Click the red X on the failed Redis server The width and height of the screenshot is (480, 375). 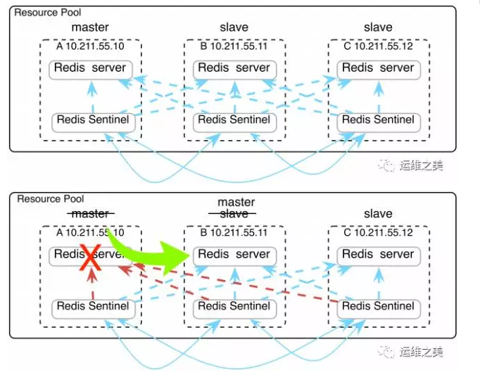click(x=90, y=255)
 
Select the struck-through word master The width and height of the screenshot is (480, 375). click(x=90, y=214)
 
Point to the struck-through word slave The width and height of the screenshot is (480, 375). click(x=234, y=214)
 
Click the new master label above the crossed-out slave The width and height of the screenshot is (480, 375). click(x=236, y=202)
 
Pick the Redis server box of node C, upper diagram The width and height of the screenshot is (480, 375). click(x=378, y=69)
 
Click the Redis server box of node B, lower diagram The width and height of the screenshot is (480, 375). click(x=234, y=255)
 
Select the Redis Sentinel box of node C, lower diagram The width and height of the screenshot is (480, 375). click(x=378, y=307)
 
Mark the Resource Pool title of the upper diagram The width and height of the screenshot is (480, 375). click(x=47, y=13)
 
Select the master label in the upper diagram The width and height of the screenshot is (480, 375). click(x=90, y=27)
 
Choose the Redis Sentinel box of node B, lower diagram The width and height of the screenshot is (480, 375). click(x=234, y=307)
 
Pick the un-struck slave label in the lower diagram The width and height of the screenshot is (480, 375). click(x=378, y=214)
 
